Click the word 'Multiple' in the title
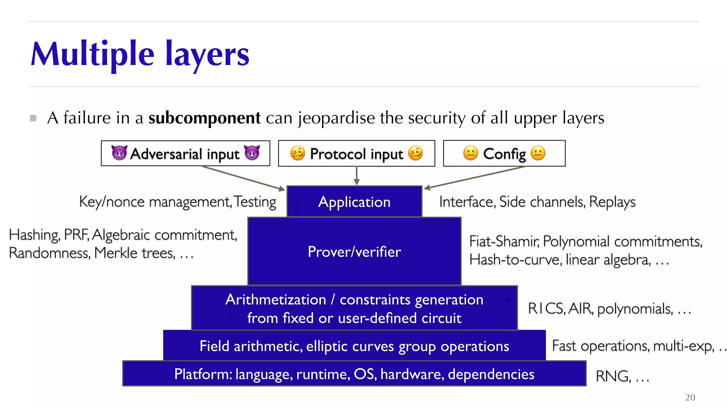coord(92,54)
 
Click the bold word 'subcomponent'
coord(204,118)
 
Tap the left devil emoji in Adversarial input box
coord(119,153)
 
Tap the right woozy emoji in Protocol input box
coord(415,153)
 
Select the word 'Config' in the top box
coord(504,154)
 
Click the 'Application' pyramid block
coord(354,202)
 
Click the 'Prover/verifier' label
coord(354,252)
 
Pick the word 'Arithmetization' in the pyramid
coord(275,300)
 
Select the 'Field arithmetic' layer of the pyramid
coord(354,346)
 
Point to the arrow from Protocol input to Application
coord(357,176)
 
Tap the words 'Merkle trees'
coord(135,253)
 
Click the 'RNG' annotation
coord(613,376)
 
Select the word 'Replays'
coord(612,202)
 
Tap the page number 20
coord(690,397)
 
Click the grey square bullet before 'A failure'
coord(33,118)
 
